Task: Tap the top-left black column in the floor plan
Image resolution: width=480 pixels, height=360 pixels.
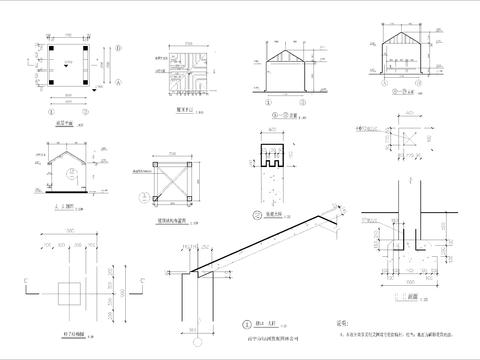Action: (x=54, y=47)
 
